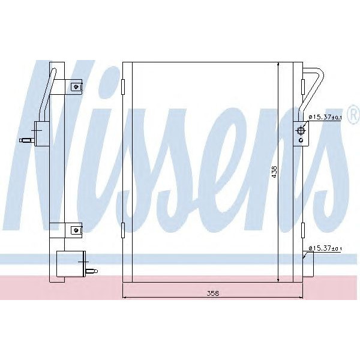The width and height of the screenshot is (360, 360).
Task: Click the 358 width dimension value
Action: tap(213, 293)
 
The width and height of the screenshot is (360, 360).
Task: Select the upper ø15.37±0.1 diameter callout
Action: tap(326, 118)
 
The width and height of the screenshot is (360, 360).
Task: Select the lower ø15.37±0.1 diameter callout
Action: tap(326, 248)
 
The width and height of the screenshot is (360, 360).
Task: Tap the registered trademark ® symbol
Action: tap(353, 113)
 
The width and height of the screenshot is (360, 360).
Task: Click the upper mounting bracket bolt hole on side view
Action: tap(76, 86)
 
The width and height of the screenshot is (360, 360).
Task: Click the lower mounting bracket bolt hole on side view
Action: tap(76, 229)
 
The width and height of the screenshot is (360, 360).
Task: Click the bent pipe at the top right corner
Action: tap(314, 84)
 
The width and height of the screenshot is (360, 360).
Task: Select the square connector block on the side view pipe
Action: tap(42, 132)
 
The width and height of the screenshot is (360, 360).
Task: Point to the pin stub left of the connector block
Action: tap(26, 141)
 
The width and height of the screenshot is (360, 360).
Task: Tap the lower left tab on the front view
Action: tap(123, 229)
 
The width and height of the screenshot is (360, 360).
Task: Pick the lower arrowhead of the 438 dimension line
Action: tap(279, 280)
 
